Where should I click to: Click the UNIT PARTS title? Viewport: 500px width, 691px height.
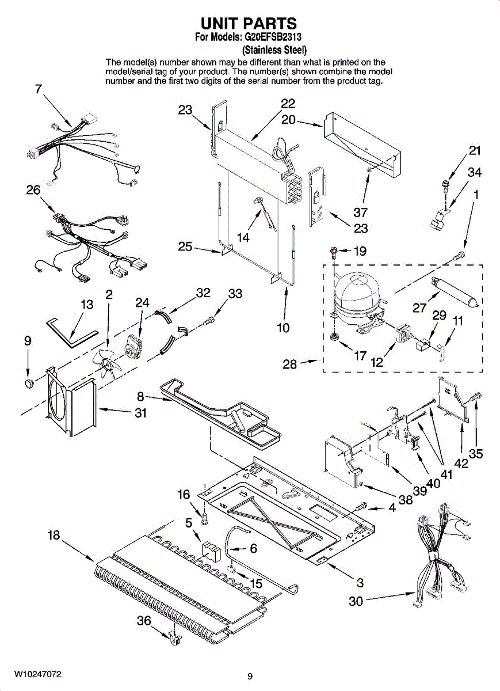tap(249, 23)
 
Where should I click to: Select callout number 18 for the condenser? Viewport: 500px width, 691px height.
tap(54, 536)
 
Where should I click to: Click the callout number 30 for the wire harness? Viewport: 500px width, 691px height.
tap(356, 601)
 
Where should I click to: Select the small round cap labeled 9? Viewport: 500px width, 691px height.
tap(28, 384)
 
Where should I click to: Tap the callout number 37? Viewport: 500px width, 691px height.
tap(361, 212)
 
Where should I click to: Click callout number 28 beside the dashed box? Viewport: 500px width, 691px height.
tap(289, 364)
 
